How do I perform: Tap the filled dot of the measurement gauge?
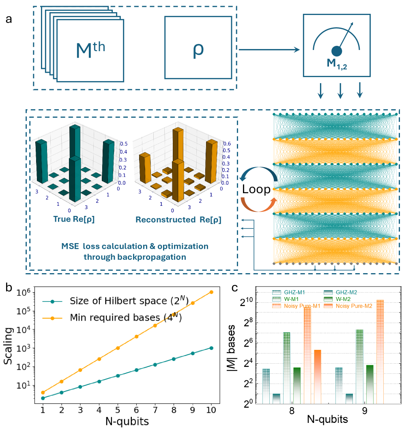337,51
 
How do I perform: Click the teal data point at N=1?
43,398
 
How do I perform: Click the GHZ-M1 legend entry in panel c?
295,292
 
